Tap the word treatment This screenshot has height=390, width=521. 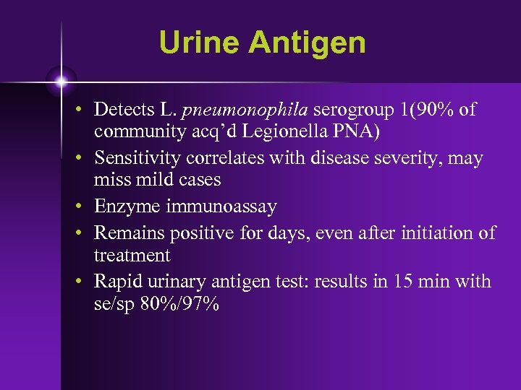point(132,256)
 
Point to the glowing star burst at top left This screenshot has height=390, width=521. point(62,81)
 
